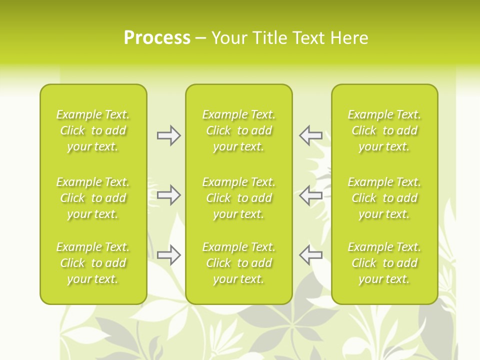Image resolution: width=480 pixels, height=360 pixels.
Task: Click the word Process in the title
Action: coord(157,38)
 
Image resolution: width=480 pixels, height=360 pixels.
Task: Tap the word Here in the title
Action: coord(349,38)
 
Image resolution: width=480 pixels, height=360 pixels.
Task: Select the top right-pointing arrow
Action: coord(168,135)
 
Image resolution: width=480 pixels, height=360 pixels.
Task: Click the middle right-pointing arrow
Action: coord(168,195)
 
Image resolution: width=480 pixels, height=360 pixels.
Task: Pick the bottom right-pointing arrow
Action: coord(168,255)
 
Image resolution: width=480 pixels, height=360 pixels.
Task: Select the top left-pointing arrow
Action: coord(311,135)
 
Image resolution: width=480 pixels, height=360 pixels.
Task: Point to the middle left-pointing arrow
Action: coord(311,195)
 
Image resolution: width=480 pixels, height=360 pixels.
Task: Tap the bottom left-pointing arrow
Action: coord(311,255)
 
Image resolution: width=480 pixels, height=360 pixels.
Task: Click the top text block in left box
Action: coord(93,130)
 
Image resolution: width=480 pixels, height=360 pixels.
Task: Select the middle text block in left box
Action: coord(93,198)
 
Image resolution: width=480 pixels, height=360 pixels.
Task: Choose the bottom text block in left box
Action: coord(93,263)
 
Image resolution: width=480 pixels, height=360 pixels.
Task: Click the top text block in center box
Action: coord(239,130)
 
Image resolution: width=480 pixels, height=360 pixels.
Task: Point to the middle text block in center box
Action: coord(239,198)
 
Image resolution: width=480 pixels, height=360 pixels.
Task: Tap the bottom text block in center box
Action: coord(239,263)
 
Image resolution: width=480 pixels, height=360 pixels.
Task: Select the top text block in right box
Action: coord(384,130)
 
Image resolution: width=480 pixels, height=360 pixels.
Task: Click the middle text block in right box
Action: coord(384,198)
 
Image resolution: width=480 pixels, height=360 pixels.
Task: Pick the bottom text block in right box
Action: coord(384,263)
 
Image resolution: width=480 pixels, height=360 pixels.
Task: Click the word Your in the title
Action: coord(230,38)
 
